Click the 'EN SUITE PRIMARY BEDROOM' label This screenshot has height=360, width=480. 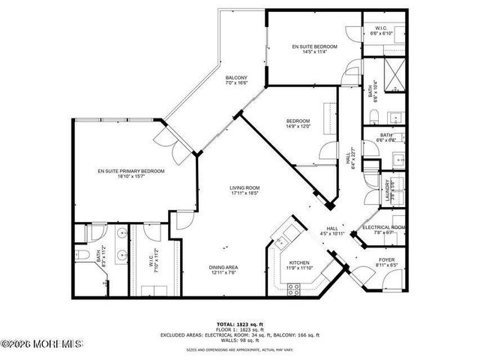(130, 172)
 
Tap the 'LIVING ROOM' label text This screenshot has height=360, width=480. (244, 187)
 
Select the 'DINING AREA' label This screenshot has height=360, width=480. (224, 267)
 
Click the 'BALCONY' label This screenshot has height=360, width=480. (236, 78)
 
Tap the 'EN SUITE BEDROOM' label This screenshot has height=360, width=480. (314, 46)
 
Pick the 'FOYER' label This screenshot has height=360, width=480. (386, 259)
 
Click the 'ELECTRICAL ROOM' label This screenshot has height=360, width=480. (384, 227)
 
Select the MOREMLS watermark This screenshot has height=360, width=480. (41, 344)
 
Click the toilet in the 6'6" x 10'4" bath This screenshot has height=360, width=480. (375, 116)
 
